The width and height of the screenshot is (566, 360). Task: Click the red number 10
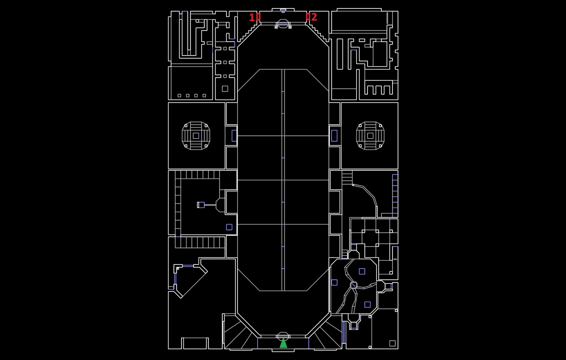[255, 17]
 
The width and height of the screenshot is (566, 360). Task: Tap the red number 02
[311, 17]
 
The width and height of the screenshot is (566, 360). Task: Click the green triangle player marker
[283, 343]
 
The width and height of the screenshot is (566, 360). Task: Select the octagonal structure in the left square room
[196, 135]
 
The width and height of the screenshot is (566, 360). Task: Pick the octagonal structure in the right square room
[370, 135]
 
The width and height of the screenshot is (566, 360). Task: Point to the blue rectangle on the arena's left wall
[234, 135]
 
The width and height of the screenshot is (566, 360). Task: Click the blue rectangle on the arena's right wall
[334, 135]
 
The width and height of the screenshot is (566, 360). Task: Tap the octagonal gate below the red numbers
[283, 23]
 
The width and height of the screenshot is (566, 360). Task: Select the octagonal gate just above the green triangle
[283, 336]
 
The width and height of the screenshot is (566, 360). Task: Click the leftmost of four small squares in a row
[179, 95]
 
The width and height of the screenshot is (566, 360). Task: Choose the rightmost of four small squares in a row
[204, 95]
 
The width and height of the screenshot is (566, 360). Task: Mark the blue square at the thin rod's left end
[201, 205]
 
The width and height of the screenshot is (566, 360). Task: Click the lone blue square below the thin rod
[229, 227]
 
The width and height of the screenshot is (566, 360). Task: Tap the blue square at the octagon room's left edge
[334, 282]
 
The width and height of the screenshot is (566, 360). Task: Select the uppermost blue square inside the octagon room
[362, 271]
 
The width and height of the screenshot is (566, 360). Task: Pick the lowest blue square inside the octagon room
[367, 304]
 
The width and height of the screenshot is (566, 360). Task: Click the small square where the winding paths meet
[354, 285]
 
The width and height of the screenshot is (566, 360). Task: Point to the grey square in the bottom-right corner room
[392, 343]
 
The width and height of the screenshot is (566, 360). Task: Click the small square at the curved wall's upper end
[353, 185]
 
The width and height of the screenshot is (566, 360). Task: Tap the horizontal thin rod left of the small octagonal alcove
[210, 205]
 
